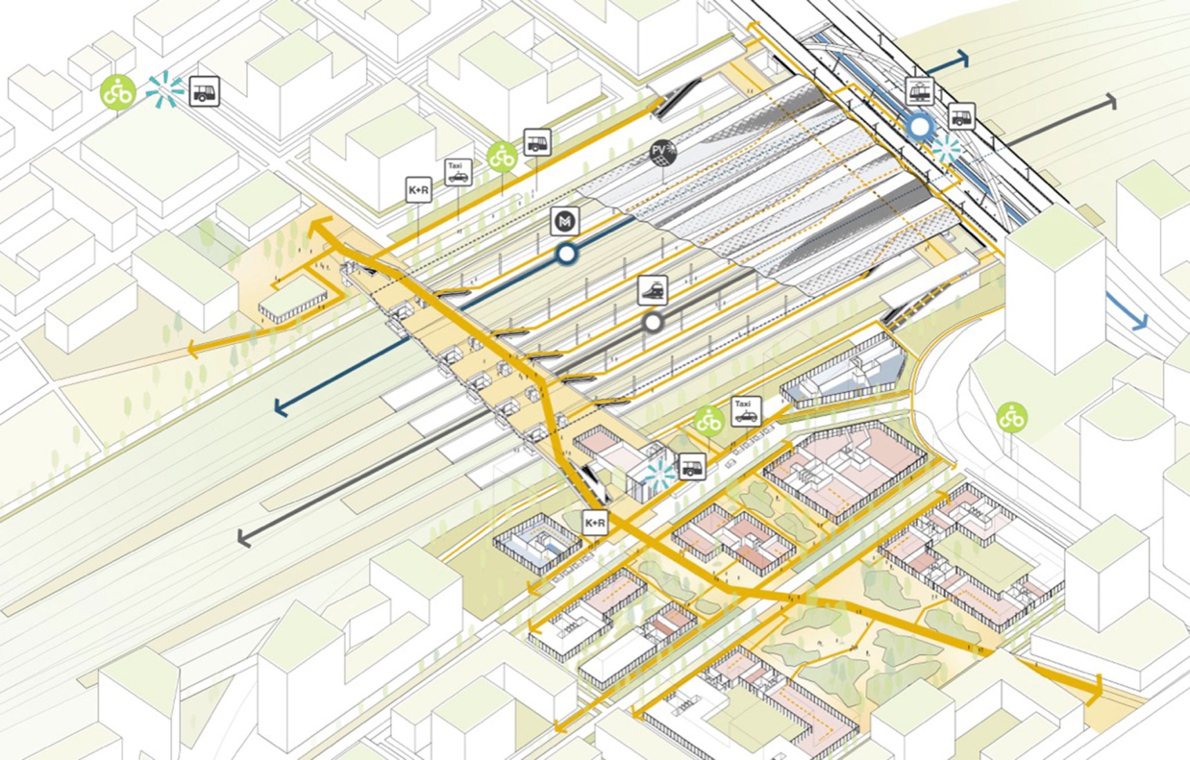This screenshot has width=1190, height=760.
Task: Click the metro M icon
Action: coord(565,222)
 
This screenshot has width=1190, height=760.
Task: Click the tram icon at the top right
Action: coord(920,91)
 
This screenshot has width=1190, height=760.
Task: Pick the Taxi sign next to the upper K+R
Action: coord(458,172)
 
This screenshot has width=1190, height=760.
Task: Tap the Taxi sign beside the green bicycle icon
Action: coord(745,411)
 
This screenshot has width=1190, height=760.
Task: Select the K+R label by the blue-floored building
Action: coord(595,523)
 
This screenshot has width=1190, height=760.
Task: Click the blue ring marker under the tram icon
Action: coord(920,126)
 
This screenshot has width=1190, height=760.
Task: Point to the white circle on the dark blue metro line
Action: coord(566,254)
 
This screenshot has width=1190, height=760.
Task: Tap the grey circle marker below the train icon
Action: coord(652,322)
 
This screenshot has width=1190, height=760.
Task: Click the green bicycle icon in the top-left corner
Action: coord(118,92)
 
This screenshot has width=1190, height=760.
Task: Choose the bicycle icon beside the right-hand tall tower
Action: coord(1012,418)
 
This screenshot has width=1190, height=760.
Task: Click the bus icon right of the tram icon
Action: coord(960,116)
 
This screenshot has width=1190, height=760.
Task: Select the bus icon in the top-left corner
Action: coord(204,91)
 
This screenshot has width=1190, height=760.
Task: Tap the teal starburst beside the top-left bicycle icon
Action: coord(165,91)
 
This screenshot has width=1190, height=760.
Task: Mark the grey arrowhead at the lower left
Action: coord(243,537)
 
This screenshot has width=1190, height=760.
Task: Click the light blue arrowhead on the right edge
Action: coord(1140,321)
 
